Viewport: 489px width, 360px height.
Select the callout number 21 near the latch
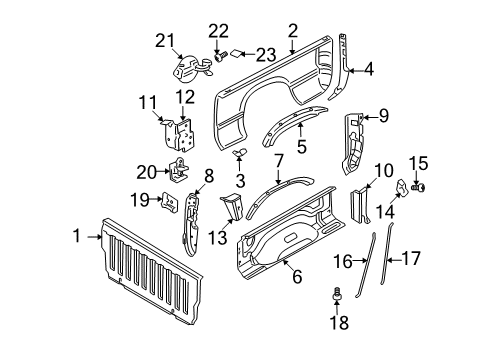pos(164,40)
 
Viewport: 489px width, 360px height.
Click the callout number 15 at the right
pos(420,162)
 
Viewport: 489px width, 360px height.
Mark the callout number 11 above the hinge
pos(147,101)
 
